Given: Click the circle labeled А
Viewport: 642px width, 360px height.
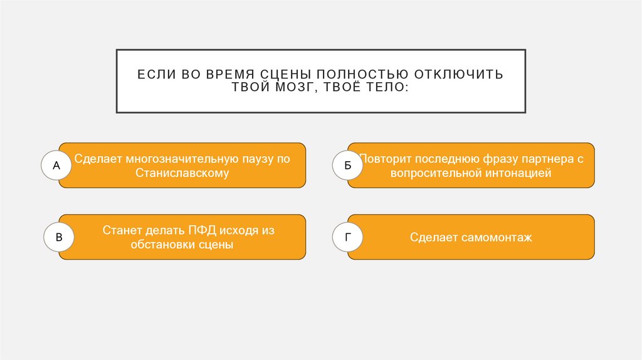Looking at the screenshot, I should (x=56, y=166).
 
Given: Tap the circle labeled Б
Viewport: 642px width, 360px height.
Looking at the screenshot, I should (x=347, y=166).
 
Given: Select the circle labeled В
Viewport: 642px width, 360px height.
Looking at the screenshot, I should (x=59, y=238).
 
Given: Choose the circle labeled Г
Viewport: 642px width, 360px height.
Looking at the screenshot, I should (x=347, y=238).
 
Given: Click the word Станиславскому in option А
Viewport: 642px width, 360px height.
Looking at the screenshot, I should (x=182, y=173).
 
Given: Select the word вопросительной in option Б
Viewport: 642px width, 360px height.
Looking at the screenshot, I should (x=435, y=173).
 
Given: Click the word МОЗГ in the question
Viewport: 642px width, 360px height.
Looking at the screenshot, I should (x=279, y=88).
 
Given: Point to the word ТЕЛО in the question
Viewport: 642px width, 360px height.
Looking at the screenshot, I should (x=383, y=88).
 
